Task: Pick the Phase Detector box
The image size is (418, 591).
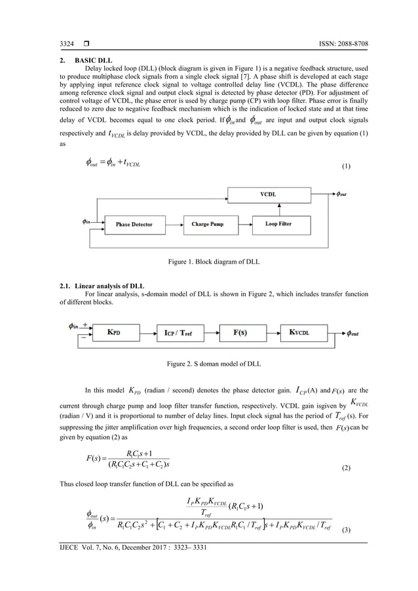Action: (134, 224)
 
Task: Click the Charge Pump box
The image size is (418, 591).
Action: (208, 224)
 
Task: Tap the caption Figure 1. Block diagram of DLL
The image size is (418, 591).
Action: (208, 263)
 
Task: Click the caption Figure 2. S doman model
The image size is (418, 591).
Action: (208, 363)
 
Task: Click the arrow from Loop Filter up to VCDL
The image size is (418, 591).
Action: (280, 208)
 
